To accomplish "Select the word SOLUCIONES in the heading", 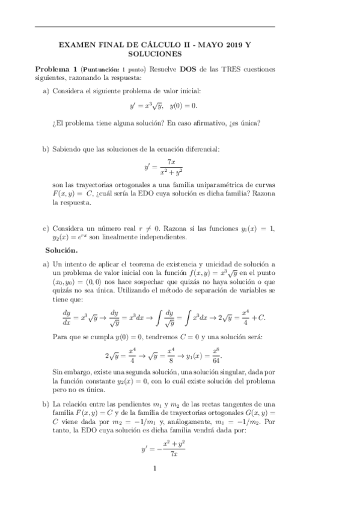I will point(154,54).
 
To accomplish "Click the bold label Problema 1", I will point(56,69).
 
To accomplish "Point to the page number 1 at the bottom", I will point(155,469).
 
